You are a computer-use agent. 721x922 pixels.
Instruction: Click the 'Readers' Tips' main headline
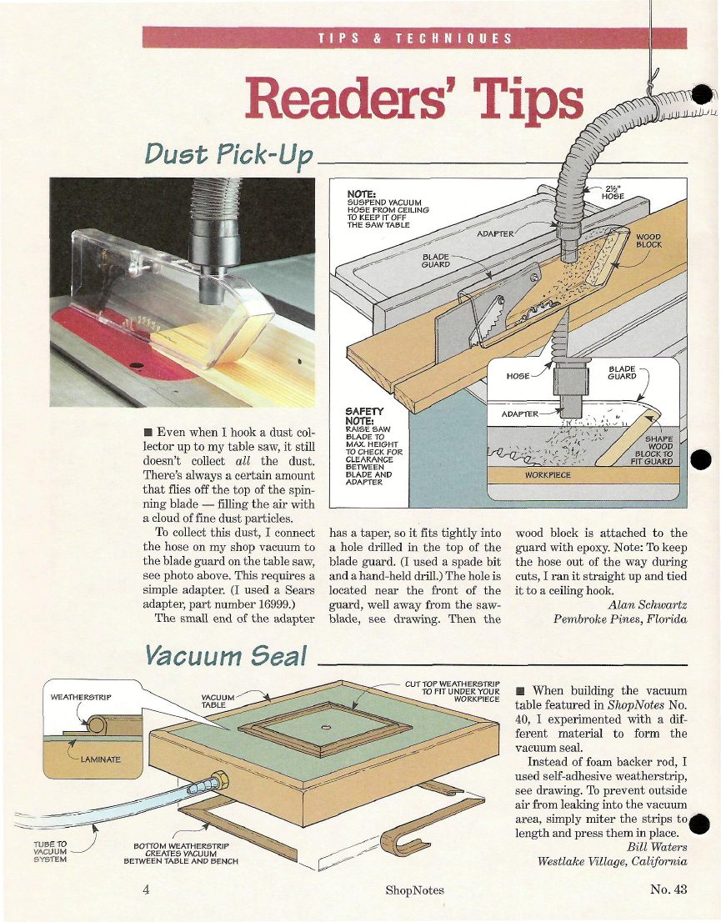[414, 98]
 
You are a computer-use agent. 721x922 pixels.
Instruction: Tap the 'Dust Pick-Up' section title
[228, 155]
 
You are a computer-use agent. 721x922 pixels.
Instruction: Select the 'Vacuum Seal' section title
[226, 655]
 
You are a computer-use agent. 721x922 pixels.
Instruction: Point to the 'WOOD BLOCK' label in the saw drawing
[648, 240]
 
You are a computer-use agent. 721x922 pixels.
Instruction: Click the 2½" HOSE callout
[612, 193]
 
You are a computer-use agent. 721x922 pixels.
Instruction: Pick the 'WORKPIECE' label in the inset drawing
[548, 474]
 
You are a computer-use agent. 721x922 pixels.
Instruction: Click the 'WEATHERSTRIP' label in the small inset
[81, 698]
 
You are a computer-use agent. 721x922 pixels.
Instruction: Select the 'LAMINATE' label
[101, 759]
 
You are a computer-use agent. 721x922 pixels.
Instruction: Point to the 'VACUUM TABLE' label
[218, 701]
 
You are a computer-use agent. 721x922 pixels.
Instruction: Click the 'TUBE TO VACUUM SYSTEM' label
[50, 851]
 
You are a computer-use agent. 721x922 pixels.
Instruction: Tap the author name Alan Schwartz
[648, 604]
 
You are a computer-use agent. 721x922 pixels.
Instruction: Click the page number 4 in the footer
[146, 889]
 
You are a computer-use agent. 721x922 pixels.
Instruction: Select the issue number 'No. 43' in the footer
[668, 889]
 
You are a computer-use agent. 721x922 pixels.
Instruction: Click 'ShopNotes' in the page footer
[414, 890]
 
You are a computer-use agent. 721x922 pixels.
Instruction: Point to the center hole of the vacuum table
[326, 728]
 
